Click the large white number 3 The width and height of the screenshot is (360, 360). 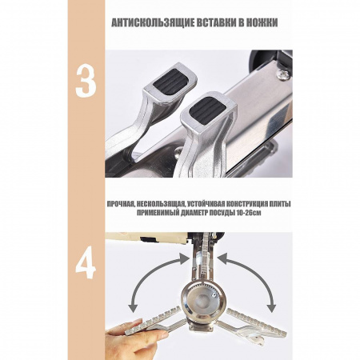click(86, 81)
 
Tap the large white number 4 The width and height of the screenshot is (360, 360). click(86, 262)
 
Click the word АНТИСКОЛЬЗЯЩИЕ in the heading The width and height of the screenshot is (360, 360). click(153, 22)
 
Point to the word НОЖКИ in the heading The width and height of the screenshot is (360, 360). click(262, 22)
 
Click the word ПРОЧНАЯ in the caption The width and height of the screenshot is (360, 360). click(119, 204)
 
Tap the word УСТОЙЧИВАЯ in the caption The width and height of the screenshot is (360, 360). click(206, 204)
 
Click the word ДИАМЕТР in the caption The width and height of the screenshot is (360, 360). click(193, 213)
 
